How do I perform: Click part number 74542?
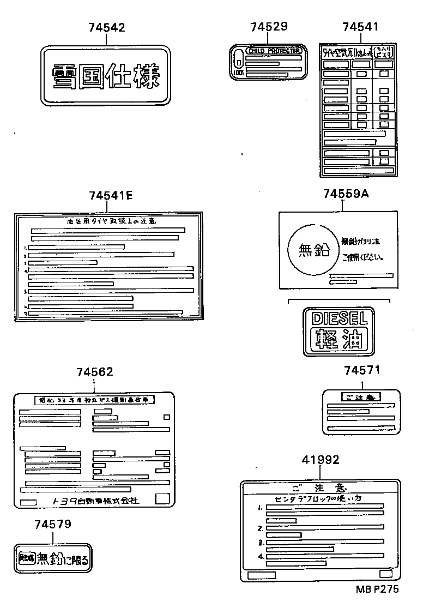tap(106, 28)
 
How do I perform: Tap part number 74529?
tap(269, 27)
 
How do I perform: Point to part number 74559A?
tap(346, 194)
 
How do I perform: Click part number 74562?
tap(95, 372)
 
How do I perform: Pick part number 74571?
tap(362, 371)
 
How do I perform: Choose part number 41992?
tap(321, 460)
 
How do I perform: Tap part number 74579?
tap(53, 524)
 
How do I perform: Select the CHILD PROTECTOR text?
tap(274, 51)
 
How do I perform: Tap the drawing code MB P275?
tap(378, 589)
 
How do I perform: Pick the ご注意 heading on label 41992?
tap(320, 487)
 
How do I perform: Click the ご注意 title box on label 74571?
tap(361, 397)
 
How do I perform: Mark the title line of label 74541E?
tap(111, 221)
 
